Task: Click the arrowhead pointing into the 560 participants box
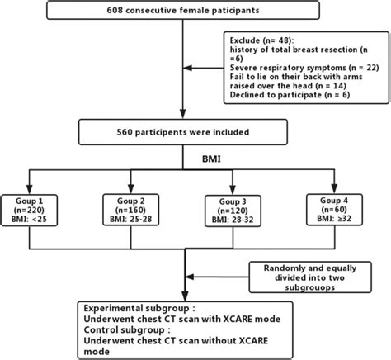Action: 182,116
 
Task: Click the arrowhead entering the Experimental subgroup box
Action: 182,296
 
